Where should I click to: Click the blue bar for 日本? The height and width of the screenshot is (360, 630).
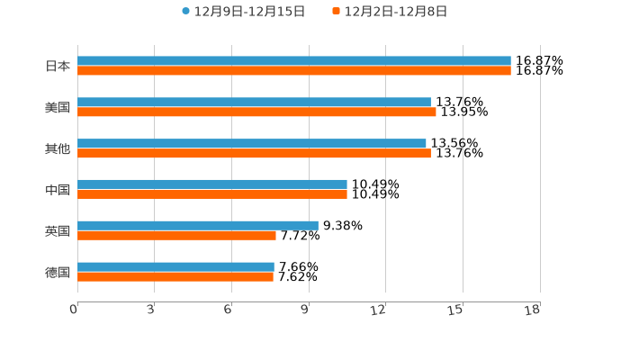(x=294, y=61)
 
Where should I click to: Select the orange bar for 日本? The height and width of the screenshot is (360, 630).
(x=294, y=71)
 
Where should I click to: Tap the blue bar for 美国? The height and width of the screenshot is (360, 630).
(x=254, y=103)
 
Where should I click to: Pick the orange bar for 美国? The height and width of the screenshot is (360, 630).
(x=256, y=112)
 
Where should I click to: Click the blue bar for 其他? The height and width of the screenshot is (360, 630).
(x=252, y=143)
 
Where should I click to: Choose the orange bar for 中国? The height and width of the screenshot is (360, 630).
(x=212, y=194)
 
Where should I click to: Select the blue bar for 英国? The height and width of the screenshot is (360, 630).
(x=198, y=225)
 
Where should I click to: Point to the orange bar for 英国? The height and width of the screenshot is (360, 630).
(x=176, y=236)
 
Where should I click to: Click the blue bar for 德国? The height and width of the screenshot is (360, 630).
(x=175, y=266)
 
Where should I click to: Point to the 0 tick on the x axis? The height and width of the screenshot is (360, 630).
(x=74, y=310)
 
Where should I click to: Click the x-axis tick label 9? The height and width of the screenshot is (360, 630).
(x=305, y=310)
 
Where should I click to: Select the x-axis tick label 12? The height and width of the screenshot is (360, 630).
(x=380, y=310)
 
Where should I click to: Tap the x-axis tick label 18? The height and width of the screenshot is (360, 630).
(x=533, y=310)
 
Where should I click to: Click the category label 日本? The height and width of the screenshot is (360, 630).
(x=58, y=66)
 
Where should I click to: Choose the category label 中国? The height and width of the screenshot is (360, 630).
(x=58, y=190)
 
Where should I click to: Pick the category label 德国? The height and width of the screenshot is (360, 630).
(x=58, y=272)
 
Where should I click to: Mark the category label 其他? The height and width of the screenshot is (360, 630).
(x=58, y=148)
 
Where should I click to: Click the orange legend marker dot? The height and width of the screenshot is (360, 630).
(x=336, y=12)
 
